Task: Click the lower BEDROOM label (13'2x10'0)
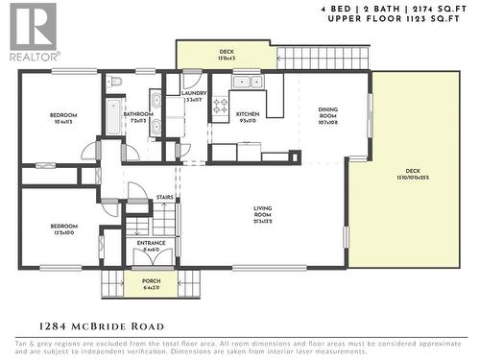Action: pos(63,228)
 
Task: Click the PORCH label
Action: pos(152,282)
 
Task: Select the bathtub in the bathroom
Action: pos(114,116)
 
